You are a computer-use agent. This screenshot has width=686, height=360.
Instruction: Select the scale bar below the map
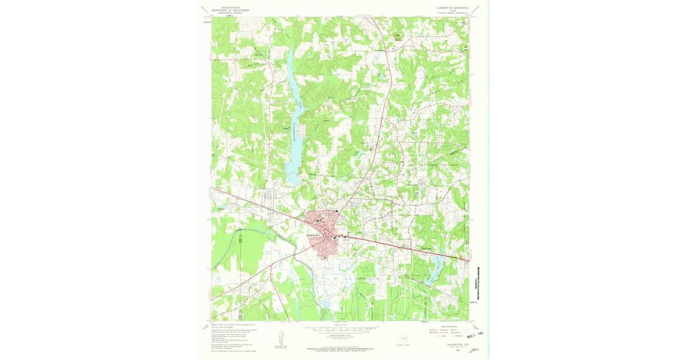click(341, 329)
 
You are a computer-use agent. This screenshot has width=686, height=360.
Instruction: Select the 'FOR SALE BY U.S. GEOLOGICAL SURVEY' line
click(341, 347)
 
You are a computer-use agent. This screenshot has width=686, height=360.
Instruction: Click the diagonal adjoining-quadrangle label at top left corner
click(204, 9)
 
